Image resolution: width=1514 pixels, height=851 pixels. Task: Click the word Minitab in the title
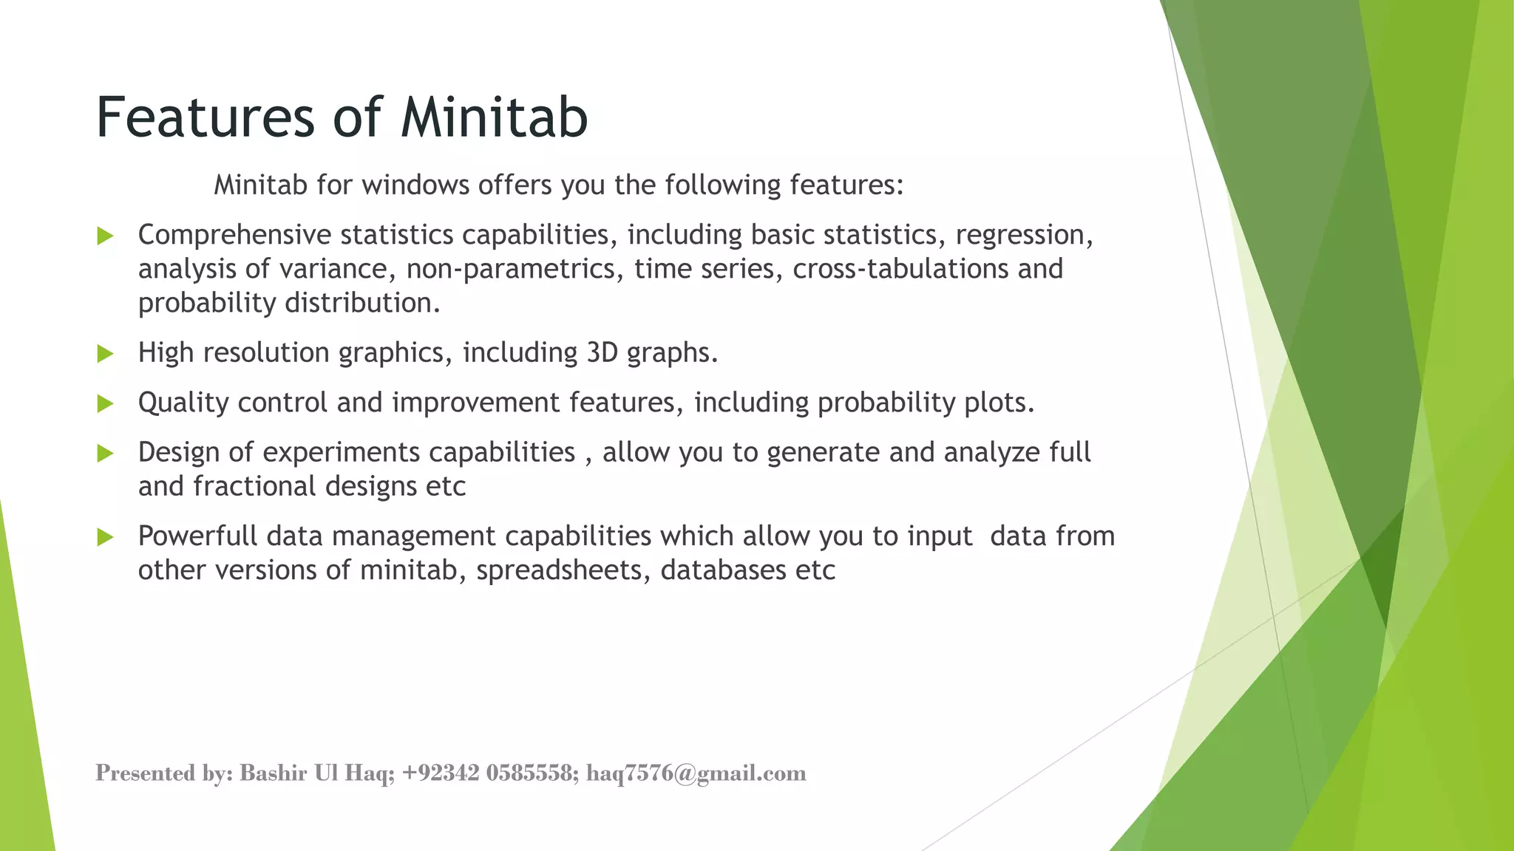click(x=494, y=118)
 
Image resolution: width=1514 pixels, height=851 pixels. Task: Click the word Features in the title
click(x=206, y=118)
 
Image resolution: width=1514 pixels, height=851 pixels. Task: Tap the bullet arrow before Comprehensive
click(x=105, y=236)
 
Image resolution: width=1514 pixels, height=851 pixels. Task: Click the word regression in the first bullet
click(x=1023, y=236)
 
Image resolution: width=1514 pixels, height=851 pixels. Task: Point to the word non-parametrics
click(x=512, y=270)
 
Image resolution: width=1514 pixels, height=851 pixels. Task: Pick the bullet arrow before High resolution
click(x=105, y=354)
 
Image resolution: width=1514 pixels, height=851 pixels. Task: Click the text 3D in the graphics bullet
click(x=602, y=353)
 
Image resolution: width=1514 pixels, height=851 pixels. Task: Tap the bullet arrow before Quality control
click(x=105, y=403)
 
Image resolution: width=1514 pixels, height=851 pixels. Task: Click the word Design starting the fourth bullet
click(x=178, y=453)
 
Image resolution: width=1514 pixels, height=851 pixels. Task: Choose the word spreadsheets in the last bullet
click(x=563, y=571)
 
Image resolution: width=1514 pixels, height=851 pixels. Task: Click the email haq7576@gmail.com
click(x=696, y=773)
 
